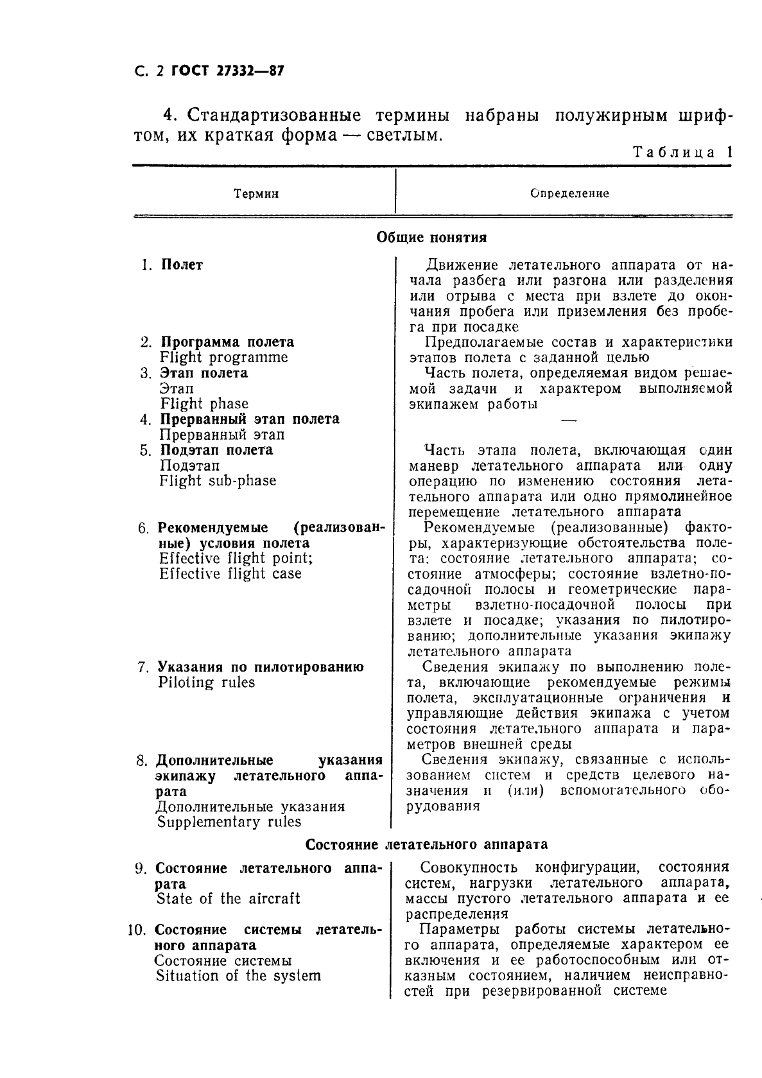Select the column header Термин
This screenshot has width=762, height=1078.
(x=256, y=193)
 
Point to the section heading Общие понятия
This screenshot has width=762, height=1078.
(x=431, y=238)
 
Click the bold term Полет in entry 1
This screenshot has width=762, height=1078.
(x=182, y=265)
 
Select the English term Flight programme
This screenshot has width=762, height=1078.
(x=223, y=358)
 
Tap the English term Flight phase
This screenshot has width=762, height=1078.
(x=203, y=404)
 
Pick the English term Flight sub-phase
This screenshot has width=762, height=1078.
(x=218, y=481)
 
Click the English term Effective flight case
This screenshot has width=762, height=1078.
(x=230, y=574)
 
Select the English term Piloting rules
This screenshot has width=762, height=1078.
(x=206, y=682)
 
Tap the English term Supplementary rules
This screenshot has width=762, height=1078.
(x=229, y=822)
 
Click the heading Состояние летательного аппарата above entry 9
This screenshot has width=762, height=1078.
(x=426, y=844)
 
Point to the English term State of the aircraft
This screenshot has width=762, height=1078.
(x=228, y=899)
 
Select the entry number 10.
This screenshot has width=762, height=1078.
(x=137, y=930)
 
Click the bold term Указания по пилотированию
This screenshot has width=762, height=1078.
(x=261, y=667)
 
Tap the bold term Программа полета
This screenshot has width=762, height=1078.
(x=227, y=342)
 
